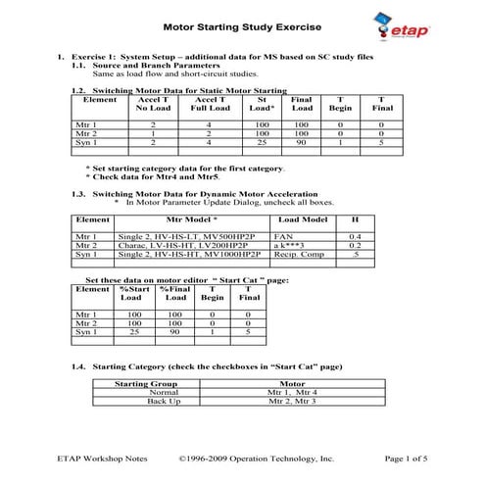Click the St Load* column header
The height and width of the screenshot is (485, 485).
tap(262, 105)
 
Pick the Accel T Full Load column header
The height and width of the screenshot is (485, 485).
tap(209, 105)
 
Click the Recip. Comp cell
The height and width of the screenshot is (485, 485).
tap(300, 254)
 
